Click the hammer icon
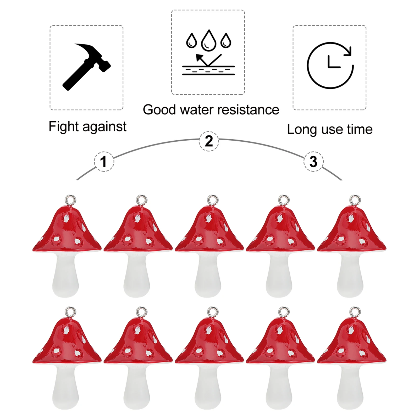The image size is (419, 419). (x=86, y=67)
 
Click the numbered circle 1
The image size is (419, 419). (x=104, y=161)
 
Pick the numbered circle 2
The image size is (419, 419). (x=209, y=141)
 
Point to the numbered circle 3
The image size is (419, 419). (x=313, y=161)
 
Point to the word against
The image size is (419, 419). (x=105, y=127)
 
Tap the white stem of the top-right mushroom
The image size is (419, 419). (x=350, y=275)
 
